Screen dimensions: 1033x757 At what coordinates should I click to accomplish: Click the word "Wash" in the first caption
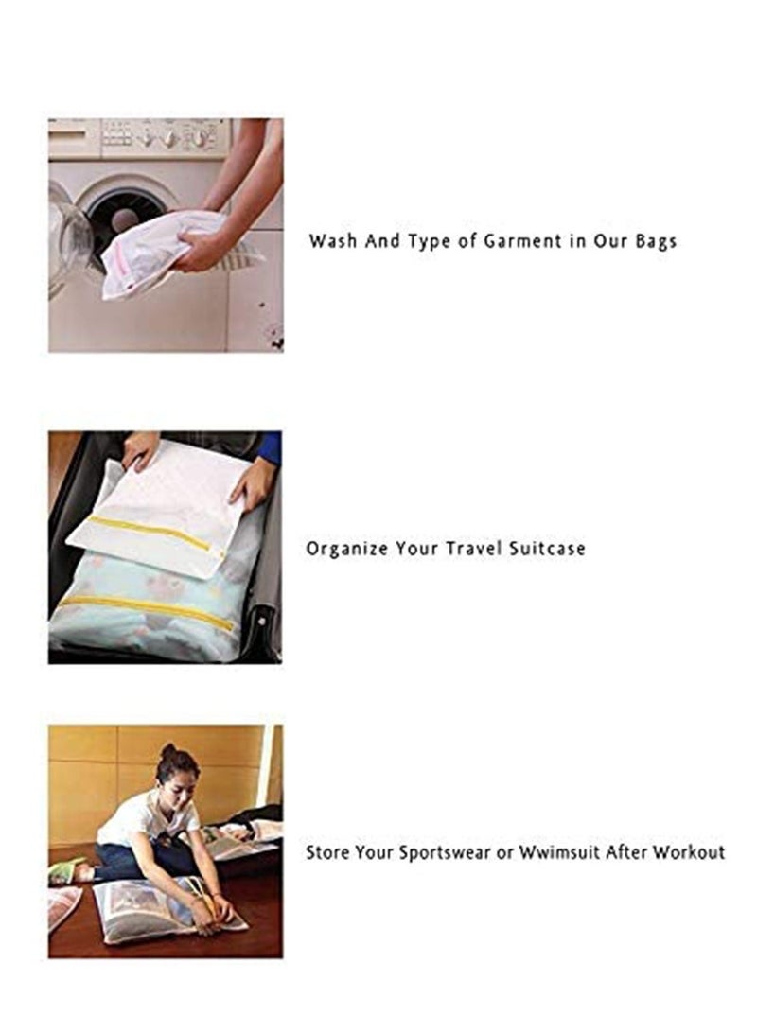[x=331, y=241]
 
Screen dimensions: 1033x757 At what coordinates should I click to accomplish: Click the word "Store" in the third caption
[x=327, y=852]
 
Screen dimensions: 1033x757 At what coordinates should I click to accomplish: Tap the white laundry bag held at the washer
[x=156, y=254]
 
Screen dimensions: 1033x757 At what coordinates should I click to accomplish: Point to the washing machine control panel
[x=166, y=137]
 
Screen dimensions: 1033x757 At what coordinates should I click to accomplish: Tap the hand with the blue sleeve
[x=254, y=482]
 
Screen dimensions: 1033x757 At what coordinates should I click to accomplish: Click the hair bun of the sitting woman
[x=169, y=751]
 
